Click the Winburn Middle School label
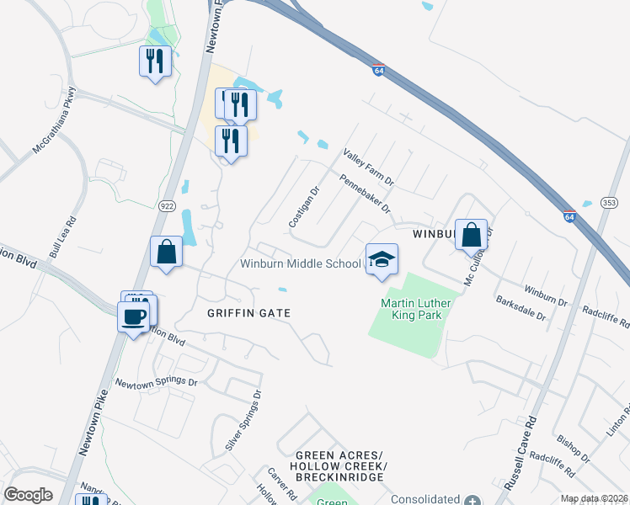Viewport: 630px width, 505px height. pos(300,263)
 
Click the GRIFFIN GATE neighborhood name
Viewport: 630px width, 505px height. pos(248,313)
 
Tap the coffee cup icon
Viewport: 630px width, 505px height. pos(134,317)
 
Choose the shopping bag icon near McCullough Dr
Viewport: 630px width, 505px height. pos(472,235)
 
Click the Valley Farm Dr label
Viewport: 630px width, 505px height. pos(368,168)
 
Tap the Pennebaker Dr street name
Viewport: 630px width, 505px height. pos(366,193)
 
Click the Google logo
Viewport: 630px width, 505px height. pos(28,495)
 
